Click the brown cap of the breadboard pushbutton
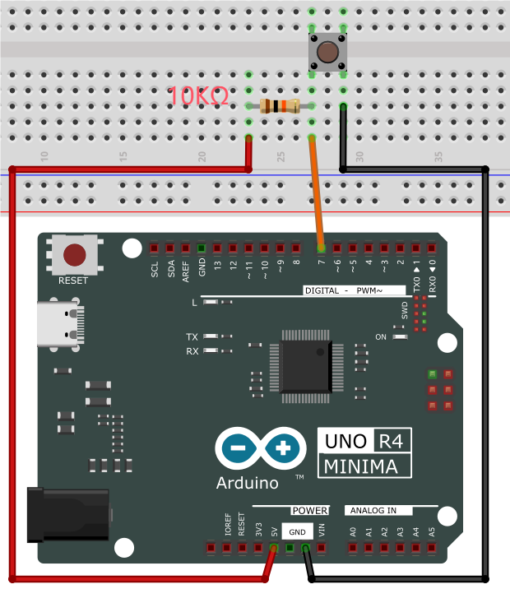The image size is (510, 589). [327, 52]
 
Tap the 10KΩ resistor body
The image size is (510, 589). [280, 106]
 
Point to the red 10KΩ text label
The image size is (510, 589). [197, 95]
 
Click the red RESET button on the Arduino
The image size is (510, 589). [74, 255]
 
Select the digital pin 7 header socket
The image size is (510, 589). [321, 248]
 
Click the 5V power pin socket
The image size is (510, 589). [274, 548]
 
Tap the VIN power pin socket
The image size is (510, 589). [321, 548]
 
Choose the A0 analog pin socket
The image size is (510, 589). [353, 548]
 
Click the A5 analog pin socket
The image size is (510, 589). [432, 548]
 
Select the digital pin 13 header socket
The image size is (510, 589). [217, 248]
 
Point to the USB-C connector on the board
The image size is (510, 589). [61, 324]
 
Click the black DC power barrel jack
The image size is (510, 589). [68, 515]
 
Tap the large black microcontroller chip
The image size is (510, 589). [306, 366]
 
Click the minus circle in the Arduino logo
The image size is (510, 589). [238, 448]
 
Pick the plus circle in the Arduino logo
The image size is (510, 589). [283, 448]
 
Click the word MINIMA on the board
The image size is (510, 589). [360, 466]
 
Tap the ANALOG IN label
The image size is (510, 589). [373, 511]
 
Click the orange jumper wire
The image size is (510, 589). [316, 193]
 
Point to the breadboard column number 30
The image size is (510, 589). [359, 157]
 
